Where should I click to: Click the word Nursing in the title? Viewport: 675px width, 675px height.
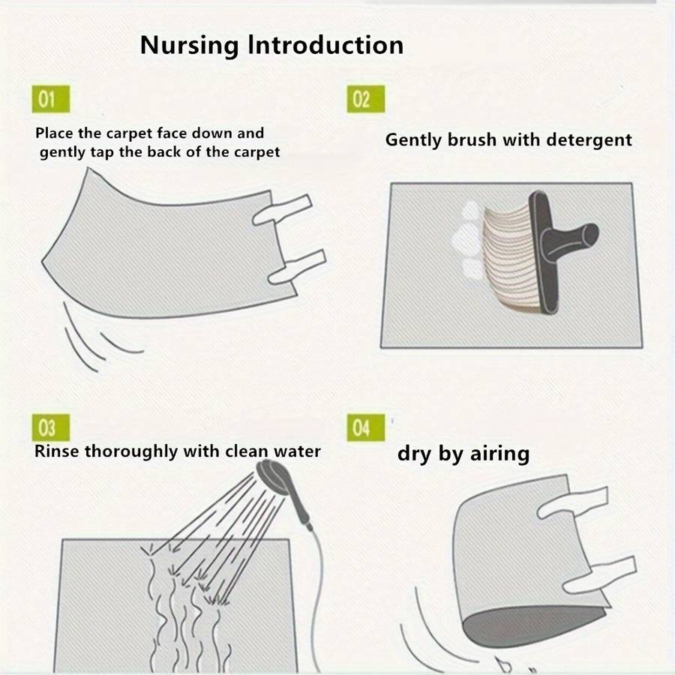[189, 46]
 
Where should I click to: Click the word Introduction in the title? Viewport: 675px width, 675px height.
[326, 45]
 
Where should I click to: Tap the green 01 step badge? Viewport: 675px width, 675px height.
[51, 99]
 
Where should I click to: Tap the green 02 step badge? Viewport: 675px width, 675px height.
[366, 99]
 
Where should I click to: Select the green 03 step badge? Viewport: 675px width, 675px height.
[51, 427]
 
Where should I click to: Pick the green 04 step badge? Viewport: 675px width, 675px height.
[366, 427]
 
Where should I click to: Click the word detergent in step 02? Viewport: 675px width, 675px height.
[589, 140]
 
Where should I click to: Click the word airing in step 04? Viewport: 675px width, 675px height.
[499, 454]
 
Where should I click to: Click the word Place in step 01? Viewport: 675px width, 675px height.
[54, 133]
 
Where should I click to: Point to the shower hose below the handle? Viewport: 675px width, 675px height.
[319, 598]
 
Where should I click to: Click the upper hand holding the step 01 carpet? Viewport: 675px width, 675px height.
[283, 209]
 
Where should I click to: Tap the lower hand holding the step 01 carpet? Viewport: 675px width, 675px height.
[297, 267]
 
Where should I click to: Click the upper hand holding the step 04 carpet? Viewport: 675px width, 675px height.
[572, 502]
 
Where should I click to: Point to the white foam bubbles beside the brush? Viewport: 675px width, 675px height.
[468, 240]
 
